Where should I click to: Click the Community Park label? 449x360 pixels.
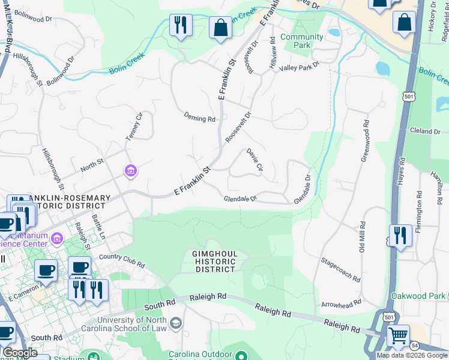[301, 41]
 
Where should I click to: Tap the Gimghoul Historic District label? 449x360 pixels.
[215, 262]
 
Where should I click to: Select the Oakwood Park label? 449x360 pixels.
[418, 296]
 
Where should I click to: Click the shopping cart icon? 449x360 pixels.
[398, 335]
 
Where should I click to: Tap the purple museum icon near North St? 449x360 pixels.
[130, 172]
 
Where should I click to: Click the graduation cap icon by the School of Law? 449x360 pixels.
[176, 325]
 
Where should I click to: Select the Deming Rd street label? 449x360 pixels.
[199, 119]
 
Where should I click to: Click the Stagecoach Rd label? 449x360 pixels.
[340, 271]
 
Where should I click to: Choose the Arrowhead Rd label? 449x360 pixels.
[342, 304]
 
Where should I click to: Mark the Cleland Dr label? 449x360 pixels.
[425, 131]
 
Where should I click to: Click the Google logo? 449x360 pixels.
[20, 353]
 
